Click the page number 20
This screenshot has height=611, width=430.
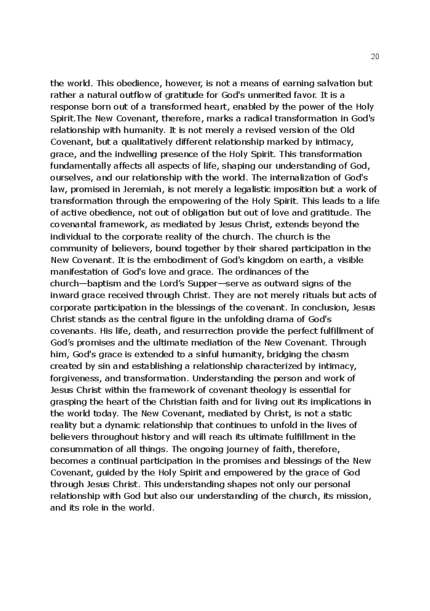(x=375, y=57)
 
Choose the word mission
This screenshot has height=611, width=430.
(x=354, y=496)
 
